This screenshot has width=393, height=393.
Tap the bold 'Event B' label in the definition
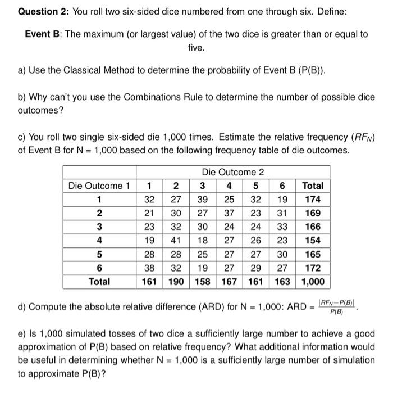click(x=44, y=34)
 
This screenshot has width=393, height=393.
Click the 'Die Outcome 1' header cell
click(x=99, y=186)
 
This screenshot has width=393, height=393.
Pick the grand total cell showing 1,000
click(x=313, y=281)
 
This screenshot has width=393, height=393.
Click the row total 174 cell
click(x=313, y=200)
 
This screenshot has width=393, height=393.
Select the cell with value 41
click(x=176, y=241)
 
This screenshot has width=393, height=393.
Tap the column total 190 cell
click(x=176, y=281)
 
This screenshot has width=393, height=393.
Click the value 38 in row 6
click(x=149, y=268)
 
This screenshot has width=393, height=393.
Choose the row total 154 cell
click(x=313, y=241)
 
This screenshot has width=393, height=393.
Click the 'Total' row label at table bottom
click(x=99, y=281)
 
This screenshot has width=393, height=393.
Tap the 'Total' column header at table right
click(x=313, y=186)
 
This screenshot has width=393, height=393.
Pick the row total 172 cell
click(x=313, y=268)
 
